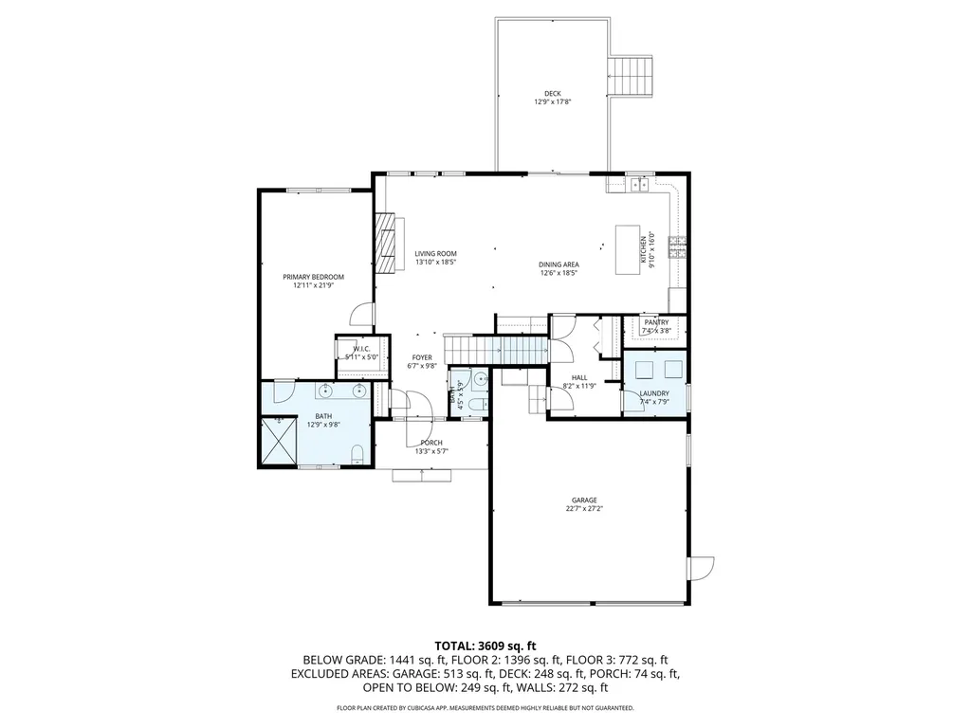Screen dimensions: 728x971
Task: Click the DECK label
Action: coord(552,94)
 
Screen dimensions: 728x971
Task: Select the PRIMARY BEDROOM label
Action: coord(313,277)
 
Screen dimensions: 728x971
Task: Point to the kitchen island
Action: coord(629,249)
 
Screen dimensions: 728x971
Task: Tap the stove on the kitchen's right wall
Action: coord(677,248)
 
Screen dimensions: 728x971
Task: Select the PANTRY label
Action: coord(656,322)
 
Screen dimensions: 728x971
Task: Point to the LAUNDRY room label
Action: coord(654,393)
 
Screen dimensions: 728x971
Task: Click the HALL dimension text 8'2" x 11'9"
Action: coord(579,386)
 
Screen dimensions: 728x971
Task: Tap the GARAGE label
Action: coord(584,500)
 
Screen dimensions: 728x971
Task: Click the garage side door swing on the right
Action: coord(703,567)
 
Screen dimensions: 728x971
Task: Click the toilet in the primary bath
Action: coord(357,459)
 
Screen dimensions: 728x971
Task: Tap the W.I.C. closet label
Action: coord(361,349)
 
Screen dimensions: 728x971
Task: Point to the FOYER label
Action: coord(422,357)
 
